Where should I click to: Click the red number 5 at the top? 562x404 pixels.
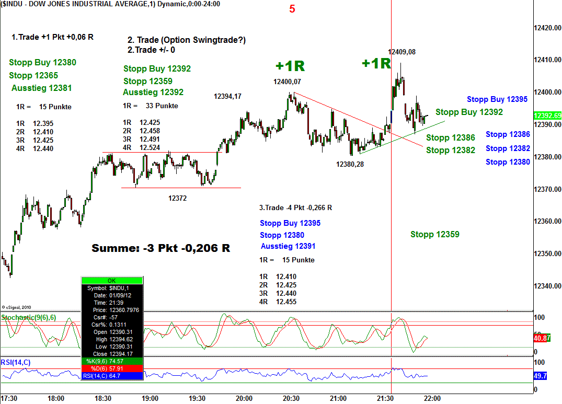click(292, 9)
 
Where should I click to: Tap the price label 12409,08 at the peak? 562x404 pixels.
click(402, 52)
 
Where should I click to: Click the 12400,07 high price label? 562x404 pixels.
click(287, 82)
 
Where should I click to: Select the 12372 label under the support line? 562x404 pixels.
click(177, 198)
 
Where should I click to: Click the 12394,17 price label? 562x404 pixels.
click(227, 96)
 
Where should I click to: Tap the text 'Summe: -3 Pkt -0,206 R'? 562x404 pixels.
click(160, 248)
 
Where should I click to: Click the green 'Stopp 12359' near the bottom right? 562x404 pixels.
click(435, 234)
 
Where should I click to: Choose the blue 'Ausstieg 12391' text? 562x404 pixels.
click(288, 246)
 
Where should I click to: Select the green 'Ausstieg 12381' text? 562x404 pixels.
click(41, 88)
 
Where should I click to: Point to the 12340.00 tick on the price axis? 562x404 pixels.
click(547, 286)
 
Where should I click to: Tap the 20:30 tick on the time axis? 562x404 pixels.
click(291, 398)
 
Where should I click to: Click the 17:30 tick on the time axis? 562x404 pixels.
click(9, 398)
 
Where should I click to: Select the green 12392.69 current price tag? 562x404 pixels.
click(547, 116)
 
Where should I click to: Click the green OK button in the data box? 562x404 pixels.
click(112, 281)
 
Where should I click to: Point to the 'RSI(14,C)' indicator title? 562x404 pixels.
click(16, 362)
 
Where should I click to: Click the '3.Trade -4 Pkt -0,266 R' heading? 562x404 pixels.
click(295, 207)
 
